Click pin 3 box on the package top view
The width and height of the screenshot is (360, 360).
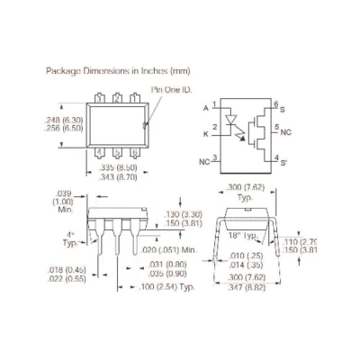(99, 98)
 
